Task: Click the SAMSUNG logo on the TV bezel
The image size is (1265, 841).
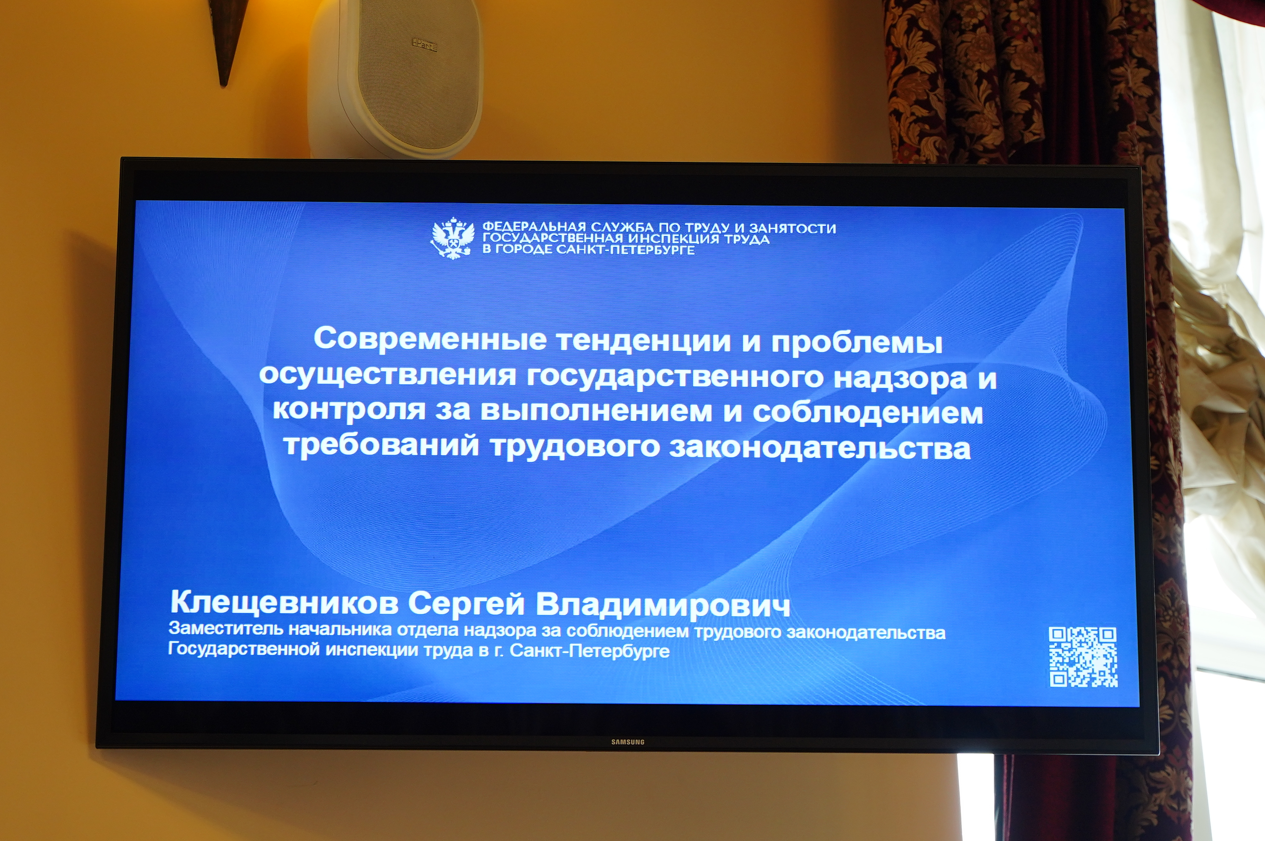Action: pyautogui.click(x=628, y=742)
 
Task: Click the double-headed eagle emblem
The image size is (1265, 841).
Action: pyautogui.click(x=453, y=238)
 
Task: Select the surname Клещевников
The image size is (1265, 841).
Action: pyautogui.click(x=284, y=603)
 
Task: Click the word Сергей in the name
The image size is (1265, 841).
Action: pyautogui.click(x=466, y=604)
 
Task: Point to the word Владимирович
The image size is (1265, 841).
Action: pyautogui.click(x=663, y=605)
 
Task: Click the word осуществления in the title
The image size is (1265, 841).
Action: pyautogui.click(x=387, y=375)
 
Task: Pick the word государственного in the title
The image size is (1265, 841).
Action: pyautogui.click(x=675, y=377)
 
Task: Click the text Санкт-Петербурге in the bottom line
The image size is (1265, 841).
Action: pyautogui.click(x=589, y=651)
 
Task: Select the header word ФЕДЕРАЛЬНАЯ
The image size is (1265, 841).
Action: pyautogui.click(x=534, y=227)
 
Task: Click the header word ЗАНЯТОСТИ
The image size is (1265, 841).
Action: pyautogui.click(x=793, y=228)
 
